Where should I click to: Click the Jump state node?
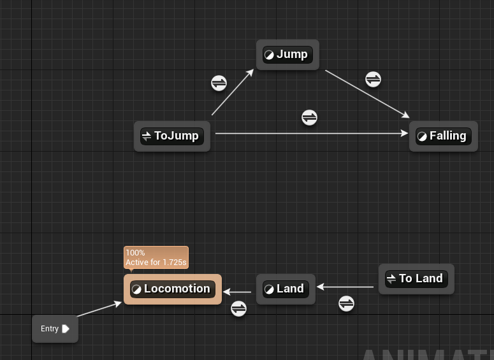tap(287, 55)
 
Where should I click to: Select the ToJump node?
tap(172, 136)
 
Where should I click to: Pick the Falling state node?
tap(444, 136)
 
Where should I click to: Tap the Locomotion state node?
tap(173, 289)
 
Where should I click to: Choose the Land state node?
tap(286, 289)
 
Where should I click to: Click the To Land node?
tap(416, 278)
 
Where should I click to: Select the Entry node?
tap(55, 329)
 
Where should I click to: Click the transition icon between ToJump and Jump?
tap(219, 83)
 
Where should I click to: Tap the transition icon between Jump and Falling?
tap(373, 79)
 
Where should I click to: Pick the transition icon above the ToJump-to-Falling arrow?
tap(309, 117)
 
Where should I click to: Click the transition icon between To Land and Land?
tap(346, 303)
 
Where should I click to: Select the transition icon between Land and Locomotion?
tap(238, 308)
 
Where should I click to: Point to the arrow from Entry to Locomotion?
tap(99, 310)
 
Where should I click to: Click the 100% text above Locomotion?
tap(135, 253)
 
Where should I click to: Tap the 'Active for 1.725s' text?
tap(156, 262)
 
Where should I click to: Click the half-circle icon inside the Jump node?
tap(269, 55)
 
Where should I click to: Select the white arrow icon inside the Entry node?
tap(66, 329)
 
